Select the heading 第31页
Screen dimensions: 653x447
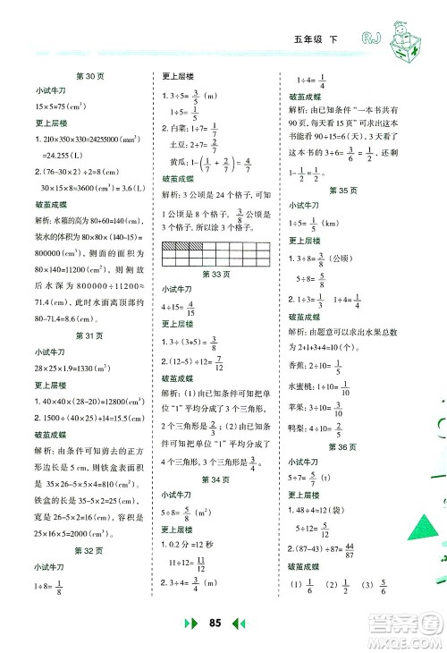pyautogui.click(x=92, y=335)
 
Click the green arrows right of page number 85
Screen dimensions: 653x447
pyautogui.click(x=249, y=623)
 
